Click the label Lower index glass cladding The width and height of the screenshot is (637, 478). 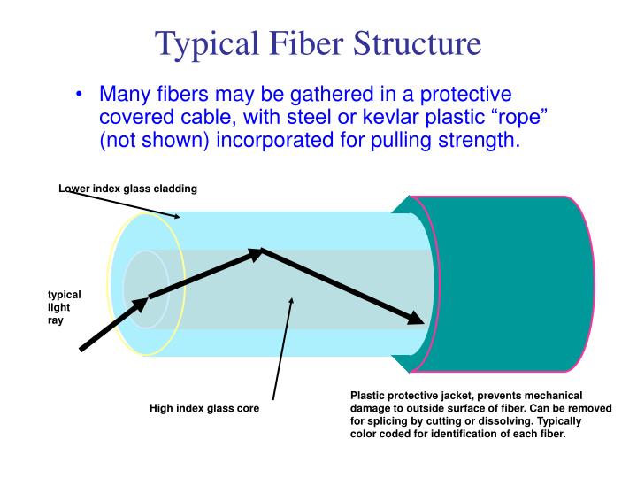127,189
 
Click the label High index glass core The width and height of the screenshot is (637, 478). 203,409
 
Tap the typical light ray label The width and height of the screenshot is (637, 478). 64,307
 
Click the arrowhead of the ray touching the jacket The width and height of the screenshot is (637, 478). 413,317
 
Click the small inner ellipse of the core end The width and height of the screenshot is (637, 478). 145,289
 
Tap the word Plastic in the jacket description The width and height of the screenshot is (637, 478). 369,396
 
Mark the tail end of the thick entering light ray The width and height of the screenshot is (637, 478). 82,349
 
